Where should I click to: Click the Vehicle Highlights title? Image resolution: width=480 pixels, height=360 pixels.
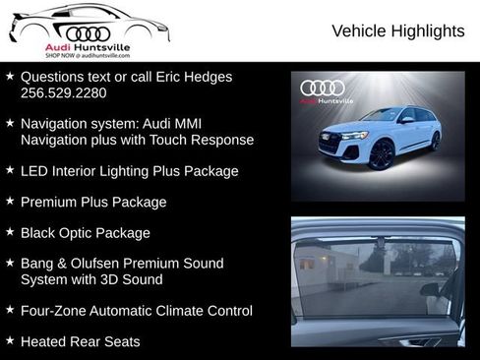(x=398, y=31)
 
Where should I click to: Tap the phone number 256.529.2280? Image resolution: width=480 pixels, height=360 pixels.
(x=64, y=93)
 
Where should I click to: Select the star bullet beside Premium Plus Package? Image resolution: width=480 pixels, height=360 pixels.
(x=10, y=201)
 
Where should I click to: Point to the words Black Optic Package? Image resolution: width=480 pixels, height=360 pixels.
(x=86, y=233)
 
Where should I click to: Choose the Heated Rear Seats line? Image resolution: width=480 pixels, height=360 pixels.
(x=80, y=342)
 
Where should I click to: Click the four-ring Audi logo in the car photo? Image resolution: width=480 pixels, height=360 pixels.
(x=323, y=88)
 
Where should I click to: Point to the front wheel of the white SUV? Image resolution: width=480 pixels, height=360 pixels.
(x=381, y=155)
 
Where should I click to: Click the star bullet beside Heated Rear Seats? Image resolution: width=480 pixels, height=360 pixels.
(x=10, y=341)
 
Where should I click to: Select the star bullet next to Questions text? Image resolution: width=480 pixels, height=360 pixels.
(x=10, y=76)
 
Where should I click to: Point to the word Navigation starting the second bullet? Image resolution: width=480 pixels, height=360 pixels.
(x=54, y=124)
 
